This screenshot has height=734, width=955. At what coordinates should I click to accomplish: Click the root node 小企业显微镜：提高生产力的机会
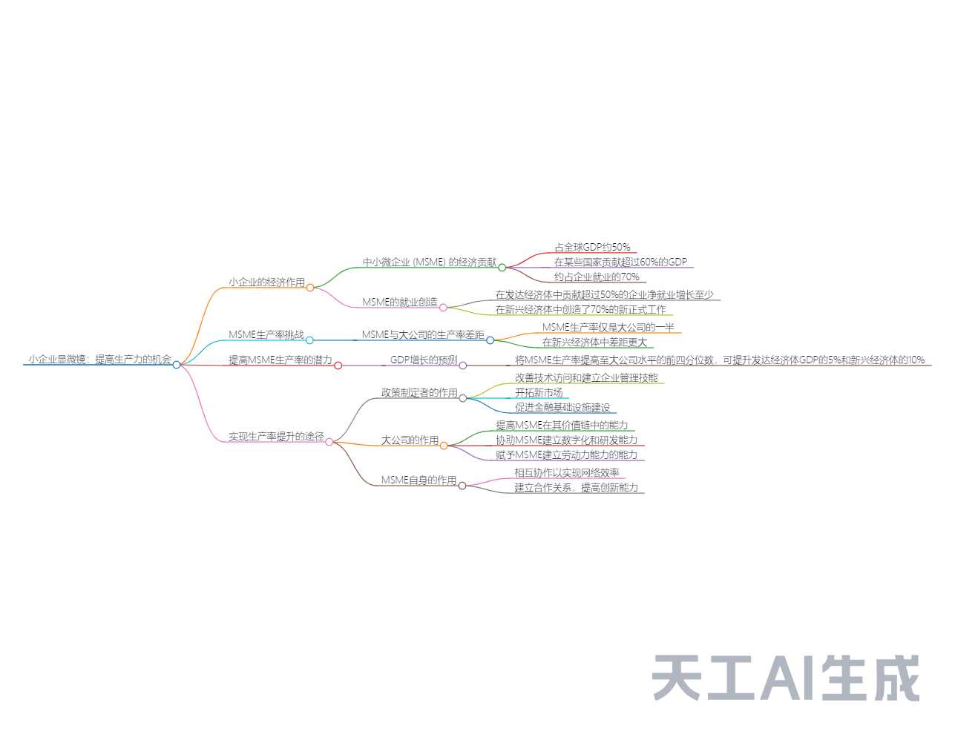tap(99, 360)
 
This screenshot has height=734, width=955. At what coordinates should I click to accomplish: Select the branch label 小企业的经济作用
tap(266, 282)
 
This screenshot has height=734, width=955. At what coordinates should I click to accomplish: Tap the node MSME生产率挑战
tap(266, 335)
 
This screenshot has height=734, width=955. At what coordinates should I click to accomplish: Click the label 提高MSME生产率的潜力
tap(280, 360)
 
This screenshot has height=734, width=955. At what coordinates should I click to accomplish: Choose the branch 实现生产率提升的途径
tap(276, 437)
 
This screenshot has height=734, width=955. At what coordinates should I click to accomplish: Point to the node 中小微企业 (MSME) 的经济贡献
tap(429, 262)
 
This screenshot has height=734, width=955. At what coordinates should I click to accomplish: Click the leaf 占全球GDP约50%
tap(592, 248)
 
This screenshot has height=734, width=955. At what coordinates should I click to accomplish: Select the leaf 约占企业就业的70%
tap(596, 277)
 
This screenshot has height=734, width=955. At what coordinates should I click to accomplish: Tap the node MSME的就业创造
tap(399, 302)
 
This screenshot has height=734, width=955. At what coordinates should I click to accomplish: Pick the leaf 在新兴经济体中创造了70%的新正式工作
tap(580, 310)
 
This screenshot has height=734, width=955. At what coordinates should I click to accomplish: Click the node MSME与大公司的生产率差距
tap(422, 335)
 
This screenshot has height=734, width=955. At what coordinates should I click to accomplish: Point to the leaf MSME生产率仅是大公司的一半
tap(608, 328)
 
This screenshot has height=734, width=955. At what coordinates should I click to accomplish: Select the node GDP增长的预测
tap(424, 360)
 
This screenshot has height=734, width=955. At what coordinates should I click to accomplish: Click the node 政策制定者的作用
tap(419, 393)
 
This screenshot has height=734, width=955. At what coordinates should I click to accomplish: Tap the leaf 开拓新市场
tap(539, 393)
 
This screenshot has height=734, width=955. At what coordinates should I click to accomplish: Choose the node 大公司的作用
tap(410, 440)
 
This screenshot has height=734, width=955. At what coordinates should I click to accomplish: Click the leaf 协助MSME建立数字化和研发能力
tap(566, 440)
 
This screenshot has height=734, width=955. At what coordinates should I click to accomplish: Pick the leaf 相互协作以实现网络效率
tap(566, 473)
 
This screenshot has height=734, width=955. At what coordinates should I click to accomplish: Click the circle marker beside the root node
tap(177, 364)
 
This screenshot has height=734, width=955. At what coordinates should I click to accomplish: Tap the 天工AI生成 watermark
tap(786, 678)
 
